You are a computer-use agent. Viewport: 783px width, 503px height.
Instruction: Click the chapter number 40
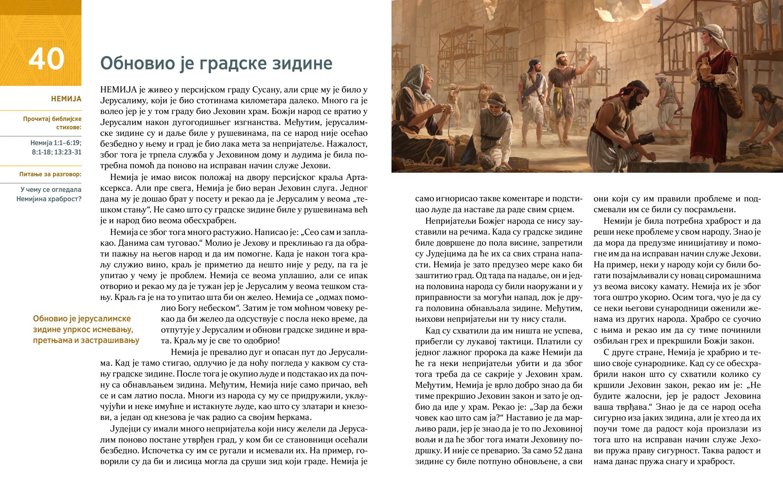46,59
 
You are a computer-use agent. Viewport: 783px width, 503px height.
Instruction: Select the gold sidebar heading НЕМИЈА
66,99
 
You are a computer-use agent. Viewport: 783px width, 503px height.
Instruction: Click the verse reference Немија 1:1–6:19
55,143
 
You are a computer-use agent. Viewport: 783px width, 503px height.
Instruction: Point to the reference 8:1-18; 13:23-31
56,152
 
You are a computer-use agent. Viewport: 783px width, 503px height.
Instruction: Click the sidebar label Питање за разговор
50,174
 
